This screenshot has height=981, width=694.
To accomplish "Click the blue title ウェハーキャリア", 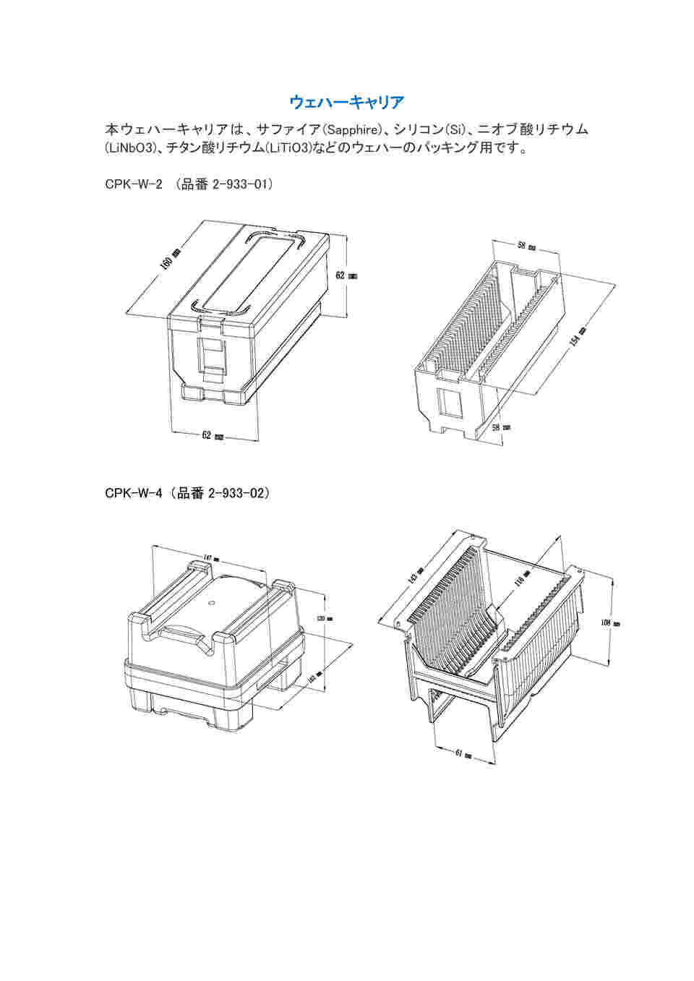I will [x=346, y=102].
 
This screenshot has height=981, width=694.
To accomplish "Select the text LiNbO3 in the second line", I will [x=131, y=149].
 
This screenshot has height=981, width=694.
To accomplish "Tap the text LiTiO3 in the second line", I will [x=288, y=149].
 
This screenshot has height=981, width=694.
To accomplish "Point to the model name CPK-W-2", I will [x=133, y=184].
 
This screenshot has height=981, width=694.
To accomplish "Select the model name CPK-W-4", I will [x=132, y=494].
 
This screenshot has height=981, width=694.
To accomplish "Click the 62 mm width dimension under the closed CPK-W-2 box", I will [x=212, y=435].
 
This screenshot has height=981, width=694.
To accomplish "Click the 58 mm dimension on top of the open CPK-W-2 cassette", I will [x=526, y=246].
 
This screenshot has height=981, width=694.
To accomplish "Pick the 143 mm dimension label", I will [x=414, y=576].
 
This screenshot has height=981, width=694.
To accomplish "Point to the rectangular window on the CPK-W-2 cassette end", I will [x=451, y=403].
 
